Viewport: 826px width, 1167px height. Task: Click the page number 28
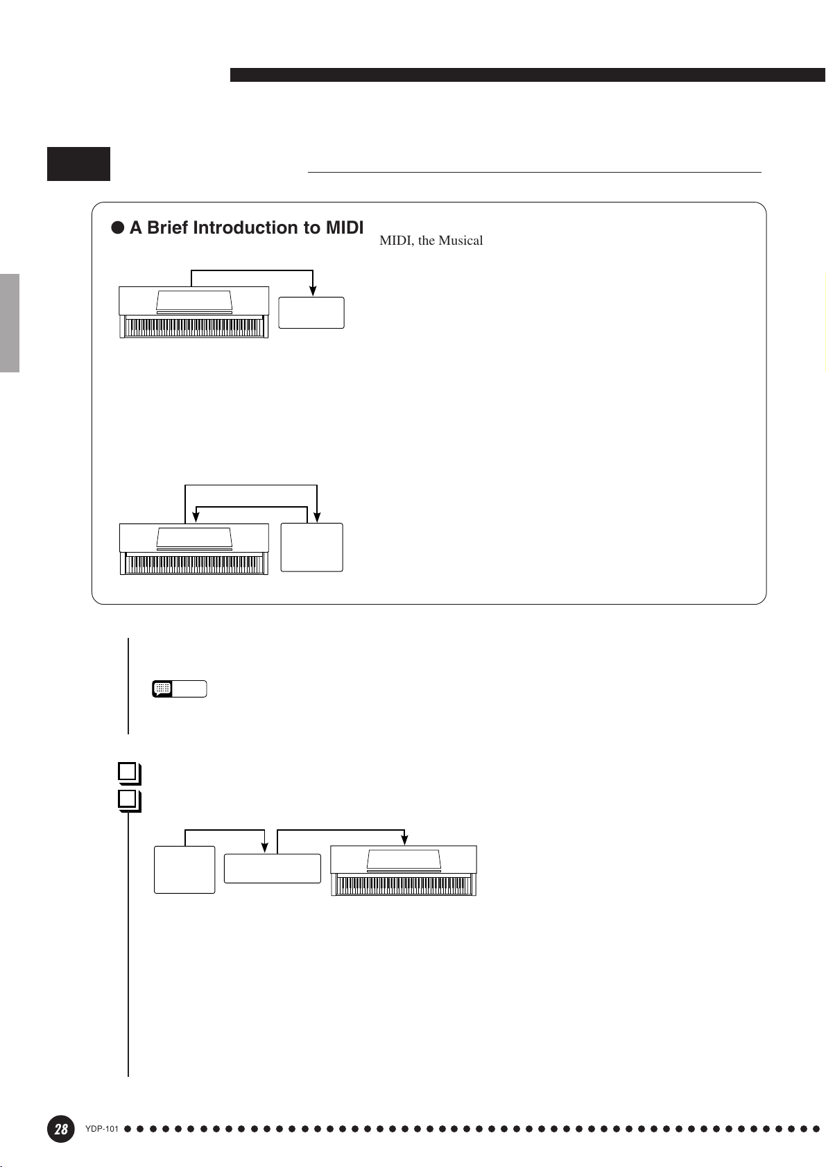click(x=61, y=1129)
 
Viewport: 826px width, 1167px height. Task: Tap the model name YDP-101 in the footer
click(x=102, y=1129)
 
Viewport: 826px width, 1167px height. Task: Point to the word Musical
click(x=461, y=241)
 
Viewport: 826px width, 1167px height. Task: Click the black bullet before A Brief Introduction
click(x=118, y=228)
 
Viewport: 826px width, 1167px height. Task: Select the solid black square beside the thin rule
click(x=78, y=164)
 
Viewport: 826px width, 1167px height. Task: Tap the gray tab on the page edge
click(x=9, y=323)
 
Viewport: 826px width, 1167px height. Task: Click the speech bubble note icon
click(x=162, y=689)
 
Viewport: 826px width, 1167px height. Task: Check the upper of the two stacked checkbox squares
click(x=127, y=772)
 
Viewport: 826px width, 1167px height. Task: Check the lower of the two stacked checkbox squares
click(x=127, y=800)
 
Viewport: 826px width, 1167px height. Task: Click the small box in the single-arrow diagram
click(x=311, y=313)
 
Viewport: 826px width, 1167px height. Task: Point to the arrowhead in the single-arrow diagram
click(x=313, y=291)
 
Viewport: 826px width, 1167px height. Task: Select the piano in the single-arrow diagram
click(x=194, y=312)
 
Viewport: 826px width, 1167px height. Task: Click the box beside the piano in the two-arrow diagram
click(x=311, y=547)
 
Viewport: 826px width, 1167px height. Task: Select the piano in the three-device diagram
click(x=404, y=871)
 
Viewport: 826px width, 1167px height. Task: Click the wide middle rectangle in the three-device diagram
click(x=273, y=868)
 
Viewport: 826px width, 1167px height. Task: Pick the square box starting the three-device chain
click(x=184, y=870)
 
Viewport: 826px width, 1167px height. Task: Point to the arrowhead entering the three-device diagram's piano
click(x=404, y=840)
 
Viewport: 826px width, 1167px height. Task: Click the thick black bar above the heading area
click(x=527, y=75)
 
